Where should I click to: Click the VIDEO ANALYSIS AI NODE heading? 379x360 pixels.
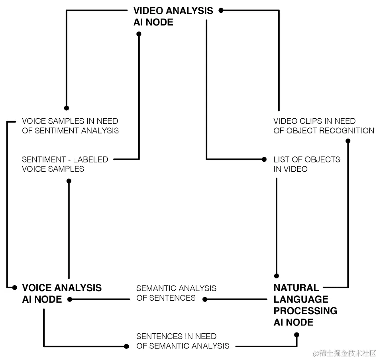pos(173,17)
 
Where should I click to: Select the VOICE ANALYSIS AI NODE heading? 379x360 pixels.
pos(62,293)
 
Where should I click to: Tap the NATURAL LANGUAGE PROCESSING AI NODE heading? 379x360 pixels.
pos(305,305)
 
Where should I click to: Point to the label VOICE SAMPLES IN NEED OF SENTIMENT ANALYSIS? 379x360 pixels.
pos(70,125)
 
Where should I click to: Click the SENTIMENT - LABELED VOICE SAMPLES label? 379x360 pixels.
pos(65,164)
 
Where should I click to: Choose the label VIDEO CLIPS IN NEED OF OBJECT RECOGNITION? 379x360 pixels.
pos(324,125)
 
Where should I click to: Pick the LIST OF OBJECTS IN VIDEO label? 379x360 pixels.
pos(306,164)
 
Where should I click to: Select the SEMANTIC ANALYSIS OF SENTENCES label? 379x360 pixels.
pos(176,293)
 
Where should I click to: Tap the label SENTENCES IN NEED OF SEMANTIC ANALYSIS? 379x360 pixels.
pos(183,341)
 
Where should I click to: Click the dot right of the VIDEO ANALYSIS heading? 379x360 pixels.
pos(221,11)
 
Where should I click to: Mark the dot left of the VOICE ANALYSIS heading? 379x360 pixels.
pos(15,287)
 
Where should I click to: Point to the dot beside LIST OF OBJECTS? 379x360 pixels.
pos(264,159)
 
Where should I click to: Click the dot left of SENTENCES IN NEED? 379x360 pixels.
pos(126,346)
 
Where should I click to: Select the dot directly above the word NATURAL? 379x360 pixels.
pos(277,276)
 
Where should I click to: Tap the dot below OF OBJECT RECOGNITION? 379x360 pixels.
pos(348,141)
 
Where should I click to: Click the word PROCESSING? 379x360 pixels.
pos(305,311)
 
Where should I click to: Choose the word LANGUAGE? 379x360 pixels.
pos(300,299)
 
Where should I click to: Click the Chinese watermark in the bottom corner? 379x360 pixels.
pos(345,353)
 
